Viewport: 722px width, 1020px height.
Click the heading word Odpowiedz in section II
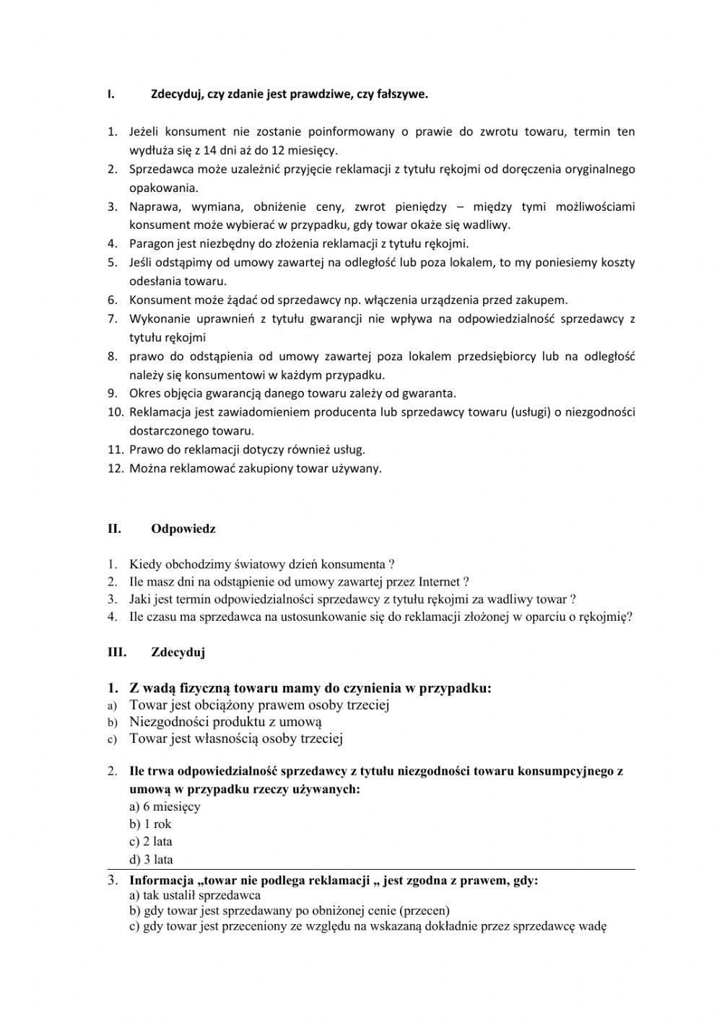(183, 528)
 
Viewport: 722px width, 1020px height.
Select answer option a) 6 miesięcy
(165, 806)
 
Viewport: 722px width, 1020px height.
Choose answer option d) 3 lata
(151, 859)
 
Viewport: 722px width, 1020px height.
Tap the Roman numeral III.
(116, 653)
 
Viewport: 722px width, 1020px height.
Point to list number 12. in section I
(116, 468)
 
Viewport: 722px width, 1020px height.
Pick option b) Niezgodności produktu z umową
(225, 721)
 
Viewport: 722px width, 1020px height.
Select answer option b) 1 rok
(150, 824)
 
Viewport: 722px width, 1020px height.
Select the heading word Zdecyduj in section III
(178, 653)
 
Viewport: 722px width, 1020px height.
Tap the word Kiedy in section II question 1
(144, 565)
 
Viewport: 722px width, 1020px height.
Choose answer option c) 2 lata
(150, 841)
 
